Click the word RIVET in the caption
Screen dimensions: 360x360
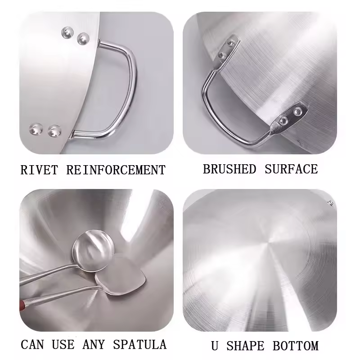click(39, 170)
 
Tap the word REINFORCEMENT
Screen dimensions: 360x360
click(116, 170)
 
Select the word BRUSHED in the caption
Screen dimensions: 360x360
click(229, 169)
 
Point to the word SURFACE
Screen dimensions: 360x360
click(291, 169)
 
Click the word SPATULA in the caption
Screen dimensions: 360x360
click(140, 344)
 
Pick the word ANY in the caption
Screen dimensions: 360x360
click(94, 344)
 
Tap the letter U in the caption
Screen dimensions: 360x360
click(215, 346)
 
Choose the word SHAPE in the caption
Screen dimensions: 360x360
click(245, 346)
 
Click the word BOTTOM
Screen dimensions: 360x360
click(296, 346)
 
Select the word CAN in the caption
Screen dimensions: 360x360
click(32, 344)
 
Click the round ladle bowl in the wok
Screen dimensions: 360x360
click(93, 251)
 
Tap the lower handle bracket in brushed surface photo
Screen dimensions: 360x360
click(289, 117)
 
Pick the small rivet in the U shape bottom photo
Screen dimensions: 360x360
click(331, 203)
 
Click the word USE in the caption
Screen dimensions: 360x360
click(63, 344)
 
